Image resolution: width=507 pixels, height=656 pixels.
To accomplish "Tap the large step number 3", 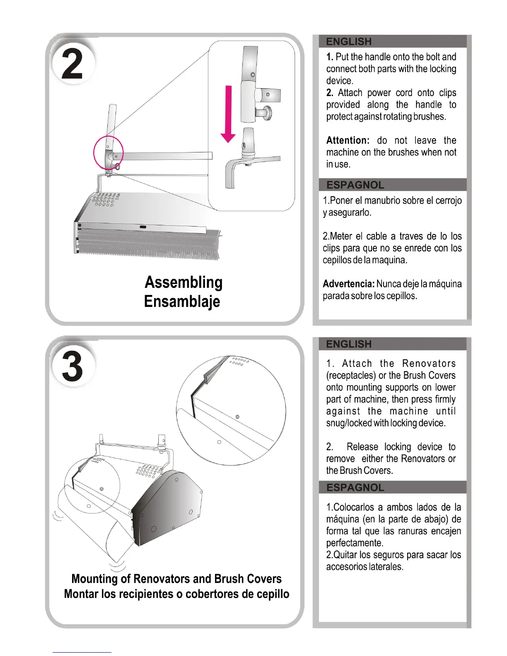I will (72, 366).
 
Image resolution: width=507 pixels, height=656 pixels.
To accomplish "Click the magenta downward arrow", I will (228, 114).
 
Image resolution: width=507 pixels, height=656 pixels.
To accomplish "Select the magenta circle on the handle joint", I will (108, 153).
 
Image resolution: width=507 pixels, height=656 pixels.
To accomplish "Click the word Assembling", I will (183, 282).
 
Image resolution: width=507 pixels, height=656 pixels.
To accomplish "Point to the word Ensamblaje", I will (182, 301).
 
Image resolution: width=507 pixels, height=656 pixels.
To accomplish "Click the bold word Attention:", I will (348, 140).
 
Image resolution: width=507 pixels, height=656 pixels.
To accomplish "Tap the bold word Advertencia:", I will (348, 284).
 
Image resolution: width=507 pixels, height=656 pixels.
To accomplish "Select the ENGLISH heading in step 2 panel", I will (349, 41).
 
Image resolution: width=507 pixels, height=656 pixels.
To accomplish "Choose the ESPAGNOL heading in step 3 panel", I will (355, 487).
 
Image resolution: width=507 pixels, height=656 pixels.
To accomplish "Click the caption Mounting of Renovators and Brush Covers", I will (176, 579).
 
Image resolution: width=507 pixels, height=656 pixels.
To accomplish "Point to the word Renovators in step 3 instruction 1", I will (429, 364).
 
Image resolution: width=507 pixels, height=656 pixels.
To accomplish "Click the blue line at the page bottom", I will (82, 652).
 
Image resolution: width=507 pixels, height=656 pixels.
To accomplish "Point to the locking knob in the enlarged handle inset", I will (264, 112).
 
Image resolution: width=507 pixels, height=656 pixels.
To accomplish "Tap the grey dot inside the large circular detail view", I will (237, 417).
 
